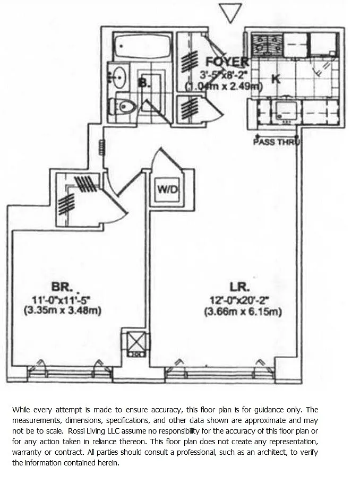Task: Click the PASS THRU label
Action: click(x=276, y=142)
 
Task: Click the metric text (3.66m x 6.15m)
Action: click(x=243, y=312)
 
